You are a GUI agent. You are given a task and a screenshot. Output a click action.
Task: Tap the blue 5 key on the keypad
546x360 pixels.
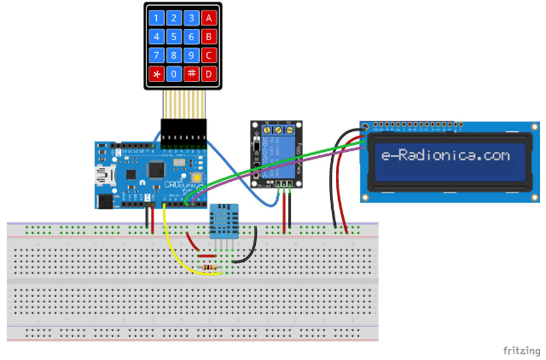tap(174, 37)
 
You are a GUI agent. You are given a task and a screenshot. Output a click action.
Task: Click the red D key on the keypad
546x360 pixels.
tap(210, 74)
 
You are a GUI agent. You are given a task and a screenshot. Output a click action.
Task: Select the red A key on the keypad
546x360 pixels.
tap(210, 18)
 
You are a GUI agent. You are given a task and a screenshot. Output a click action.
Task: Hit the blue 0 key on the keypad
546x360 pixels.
tap(174, 74)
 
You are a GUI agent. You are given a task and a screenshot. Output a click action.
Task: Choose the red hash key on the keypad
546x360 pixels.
tap(192, 74)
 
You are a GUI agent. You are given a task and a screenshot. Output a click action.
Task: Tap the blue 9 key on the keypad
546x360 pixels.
tap(192, 55)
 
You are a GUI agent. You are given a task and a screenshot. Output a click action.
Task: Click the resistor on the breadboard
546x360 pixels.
tap(208, 269)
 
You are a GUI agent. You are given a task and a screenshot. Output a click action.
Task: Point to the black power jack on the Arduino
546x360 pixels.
tap(105, 201)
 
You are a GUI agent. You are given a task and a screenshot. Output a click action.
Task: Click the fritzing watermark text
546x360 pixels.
tap(520, 351)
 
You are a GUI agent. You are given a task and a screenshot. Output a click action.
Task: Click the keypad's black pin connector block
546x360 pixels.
tap(183, 135)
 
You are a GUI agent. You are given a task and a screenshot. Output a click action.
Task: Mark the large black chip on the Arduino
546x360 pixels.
tap(158, 170)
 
